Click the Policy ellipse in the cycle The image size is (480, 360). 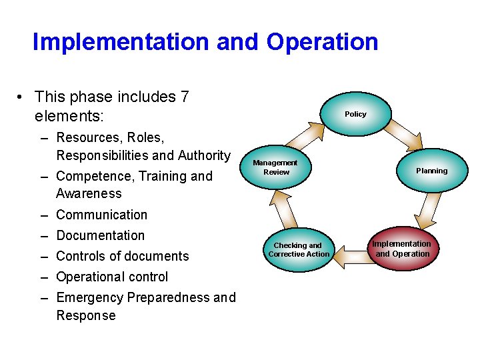point(355,114)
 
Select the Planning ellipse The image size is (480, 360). point(431,171)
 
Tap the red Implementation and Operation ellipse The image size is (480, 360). point(402,249)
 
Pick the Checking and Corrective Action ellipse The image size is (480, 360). point(299,250)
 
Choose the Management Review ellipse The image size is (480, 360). point(276,168)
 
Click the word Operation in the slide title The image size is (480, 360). point(322,42)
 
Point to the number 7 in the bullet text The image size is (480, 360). point(184,97)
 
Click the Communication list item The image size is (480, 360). point(101,215)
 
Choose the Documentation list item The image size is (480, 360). point(100,235)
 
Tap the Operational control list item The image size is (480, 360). point(112,277)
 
